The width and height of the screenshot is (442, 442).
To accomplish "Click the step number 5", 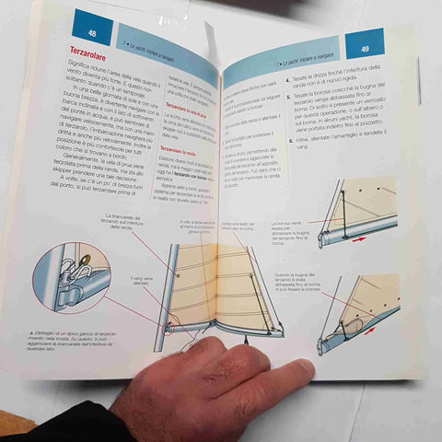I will [x=287, y=95].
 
